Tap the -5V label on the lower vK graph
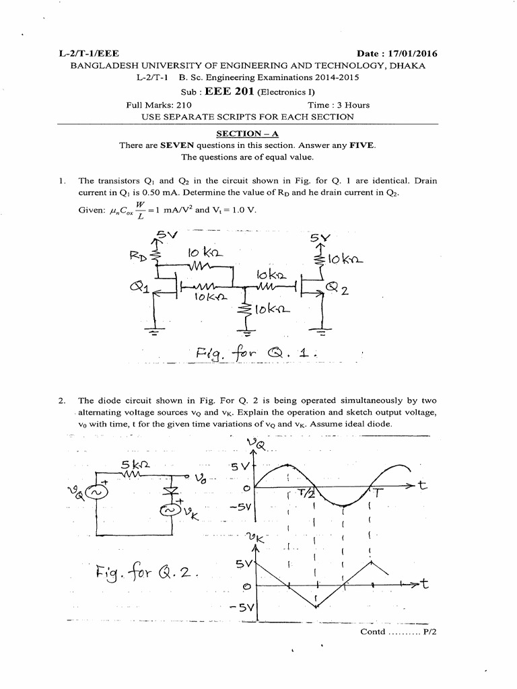pyautogui.click(x=239, y=608)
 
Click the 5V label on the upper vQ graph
pyautogui.click(x=241, y=465)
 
